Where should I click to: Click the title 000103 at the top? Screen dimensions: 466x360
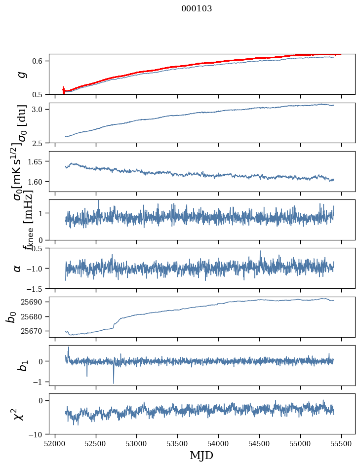(x=197, y=9)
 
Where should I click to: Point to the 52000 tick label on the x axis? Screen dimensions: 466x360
(x=55, y=443)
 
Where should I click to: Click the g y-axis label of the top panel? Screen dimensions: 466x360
(x=21, y=75)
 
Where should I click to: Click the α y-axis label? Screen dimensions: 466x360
(x=18, y=268)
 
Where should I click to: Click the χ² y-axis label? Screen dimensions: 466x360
(x=19, y=414)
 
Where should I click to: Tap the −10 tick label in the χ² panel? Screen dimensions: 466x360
(x=38, y=434)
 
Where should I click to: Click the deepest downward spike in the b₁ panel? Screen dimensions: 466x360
(x=114, y=383)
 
